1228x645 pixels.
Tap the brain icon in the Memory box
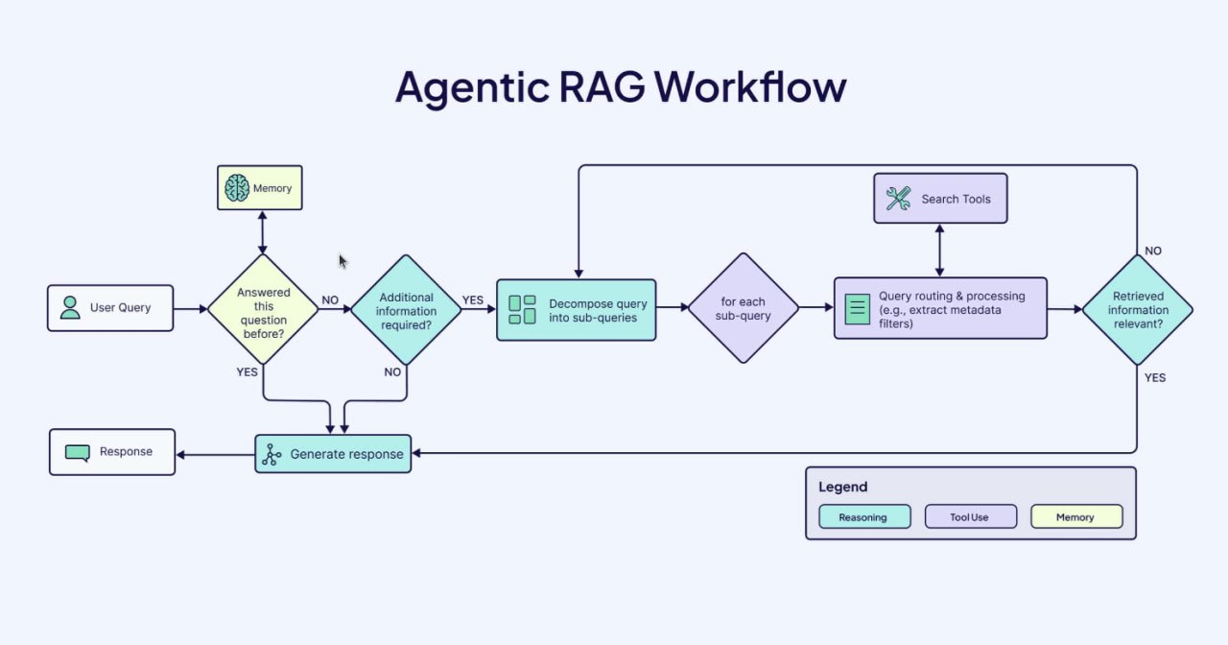236,188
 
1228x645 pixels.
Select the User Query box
110,308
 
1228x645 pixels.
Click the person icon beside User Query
70,308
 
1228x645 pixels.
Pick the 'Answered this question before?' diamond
263,309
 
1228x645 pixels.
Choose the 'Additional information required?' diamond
407,309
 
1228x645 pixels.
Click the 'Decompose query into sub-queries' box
576,310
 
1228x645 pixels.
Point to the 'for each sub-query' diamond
743,308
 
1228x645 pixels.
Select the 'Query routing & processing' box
940,309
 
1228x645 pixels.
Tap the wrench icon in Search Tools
898,199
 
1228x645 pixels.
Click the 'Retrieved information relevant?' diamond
1138,309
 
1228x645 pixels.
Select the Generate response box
333,454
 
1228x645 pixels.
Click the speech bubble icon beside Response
78,452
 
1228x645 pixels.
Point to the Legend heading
842,487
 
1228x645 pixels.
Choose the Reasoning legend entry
862,517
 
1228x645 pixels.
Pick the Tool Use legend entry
969,517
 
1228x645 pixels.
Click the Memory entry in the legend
1074,517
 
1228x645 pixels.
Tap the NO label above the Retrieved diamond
1153,251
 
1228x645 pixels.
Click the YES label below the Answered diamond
247,371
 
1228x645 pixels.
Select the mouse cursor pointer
342,261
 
